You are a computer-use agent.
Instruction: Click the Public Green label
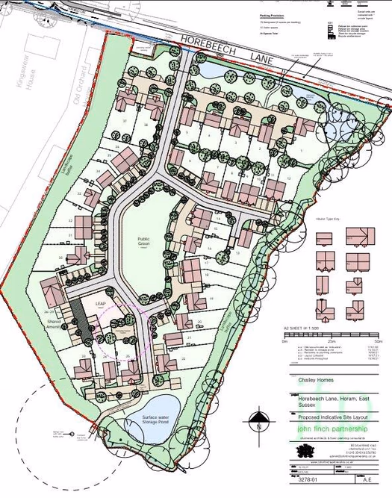click(143, 241)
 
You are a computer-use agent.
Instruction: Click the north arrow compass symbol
click(258, 421)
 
